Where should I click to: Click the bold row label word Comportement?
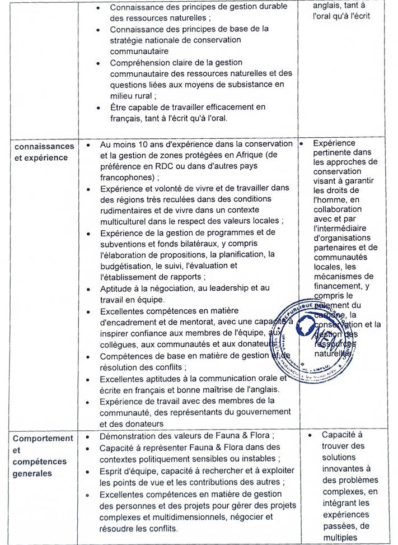[43, 439]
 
